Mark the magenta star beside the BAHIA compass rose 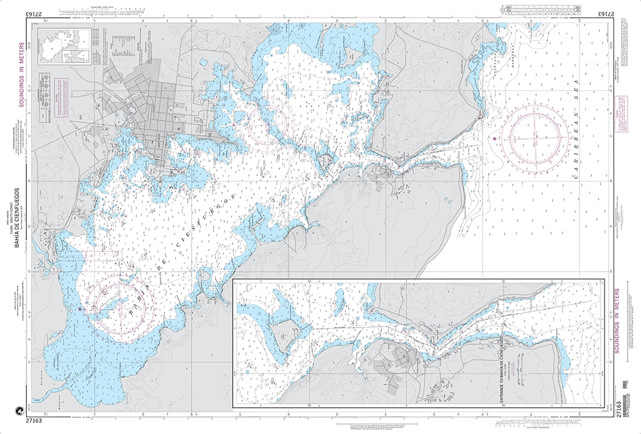tap(79, 310)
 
